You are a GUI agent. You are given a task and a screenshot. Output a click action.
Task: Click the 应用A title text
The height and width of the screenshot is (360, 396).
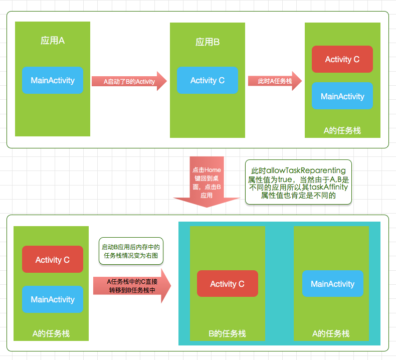(53, 41)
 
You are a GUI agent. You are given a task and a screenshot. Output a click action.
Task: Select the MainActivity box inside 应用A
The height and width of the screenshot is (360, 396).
(53, 80)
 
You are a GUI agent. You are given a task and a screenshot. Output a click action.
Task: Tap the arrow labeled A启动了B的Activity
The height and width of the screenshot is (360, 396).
(129, 81)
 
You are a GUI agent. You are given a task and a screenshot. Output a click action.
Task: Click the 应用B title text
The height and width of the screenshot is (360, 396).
(208, 42)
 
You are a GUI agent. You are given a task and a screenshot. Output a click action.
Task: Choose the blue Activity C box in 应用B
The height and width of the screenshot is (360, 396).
(208, 80)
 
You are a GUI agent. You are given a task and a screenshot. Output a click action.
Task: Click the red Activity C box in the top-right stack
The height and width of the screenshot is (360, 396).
(342, 59)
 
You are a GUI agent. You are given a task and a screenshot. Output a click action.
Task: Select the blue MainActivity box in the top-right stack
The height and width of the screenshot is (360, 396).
(342, 96)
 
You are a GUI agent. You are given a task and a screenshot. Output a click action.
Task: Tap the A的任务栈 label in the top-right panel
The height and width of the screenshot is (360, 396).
(342, 130)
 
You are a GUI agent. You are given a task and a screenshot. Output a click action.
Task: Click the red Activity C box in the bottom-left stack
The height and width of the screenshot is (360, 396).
(53, 259)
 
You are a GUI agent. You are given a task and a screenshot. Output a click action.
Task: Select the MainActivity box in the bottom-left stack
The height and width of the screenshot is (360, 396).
(53, 299)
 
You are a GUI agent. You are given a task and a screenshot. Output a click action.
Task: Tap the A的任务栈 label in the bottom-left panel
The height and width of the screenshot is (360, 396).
(51, 333)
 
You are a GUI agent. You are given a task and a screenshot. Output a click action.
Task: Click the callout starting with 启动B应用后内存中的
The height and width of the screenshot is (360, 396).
(130, 251)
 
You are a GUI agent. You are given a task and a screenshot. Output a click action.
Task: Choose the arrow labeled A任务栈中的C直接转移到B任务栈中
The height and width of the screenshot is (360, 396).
(131, 286)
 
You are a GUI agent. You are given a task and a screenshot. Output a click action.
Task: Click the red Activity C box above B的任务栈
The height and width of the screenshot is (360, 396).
(227, 284)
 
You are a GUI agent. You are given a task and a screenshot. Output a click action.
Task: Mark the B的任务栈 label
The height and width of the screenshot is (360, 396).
(227, 333)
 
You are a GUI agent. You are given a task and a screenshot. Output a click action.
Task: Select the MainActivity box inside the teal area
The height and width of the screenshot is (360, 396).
(332, 284)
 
